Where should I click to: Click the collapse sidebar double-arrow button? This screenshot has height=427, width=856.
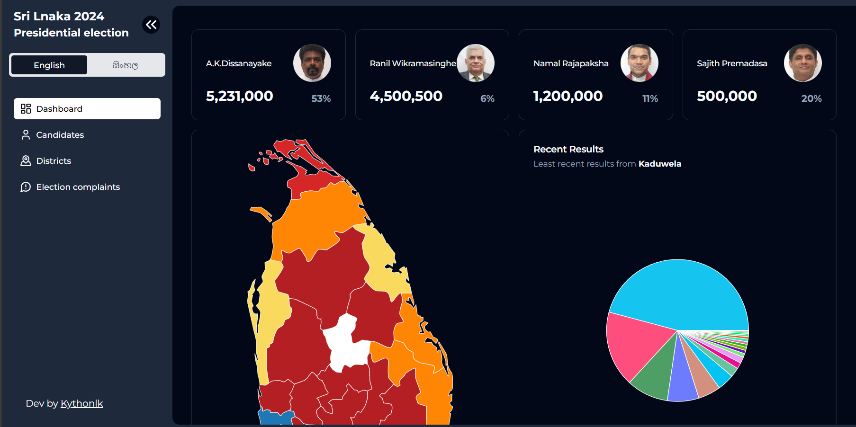click(x=151, y=25)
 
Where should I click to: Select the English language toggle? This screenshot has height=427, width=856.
click(x=49, y=65)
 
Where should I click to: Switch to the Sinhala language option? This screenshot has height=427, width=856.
click(x=125, y=65)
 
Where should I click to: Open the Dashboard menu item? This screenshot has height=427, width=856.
click(x=87, y=109)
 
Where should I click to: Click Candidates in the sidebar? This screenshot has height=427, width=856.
click(x=60, y=135)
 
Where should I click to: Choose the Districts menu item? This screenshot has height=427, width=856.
click(x=54, y=161)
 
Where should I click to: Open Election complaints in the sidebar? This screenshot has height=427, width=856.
click(x=78, y=187)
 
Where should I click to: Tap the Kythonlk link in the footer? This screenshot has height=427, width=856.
click(x=81, y=403)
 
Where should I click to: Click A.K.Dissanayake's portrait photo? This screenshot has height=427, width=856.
click(x=312, y=63)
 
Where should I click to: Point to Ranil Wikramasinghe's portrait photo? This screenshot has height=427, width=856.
click(x=476, y=63)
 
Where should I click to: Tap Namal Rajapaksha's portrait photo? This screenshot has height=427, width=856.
click(x=639, y=63)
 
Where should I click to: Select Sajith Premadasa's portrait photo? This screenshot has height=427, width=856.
click(x=802, y=63)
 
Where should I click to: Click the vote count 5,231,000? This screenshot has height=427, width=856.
click(x=239, y=96)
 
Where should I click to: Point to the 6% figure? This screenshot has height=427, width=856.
click(x=487, y=98)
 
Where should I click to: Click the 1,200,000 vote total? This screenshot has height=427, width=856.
click(x=568, y=96)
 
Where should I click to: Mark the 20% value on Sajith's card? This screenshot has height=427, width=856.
click(x=811, y=98)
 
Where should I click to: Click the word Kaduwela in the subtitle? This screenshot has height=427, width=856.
click(x=659, y=164)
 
